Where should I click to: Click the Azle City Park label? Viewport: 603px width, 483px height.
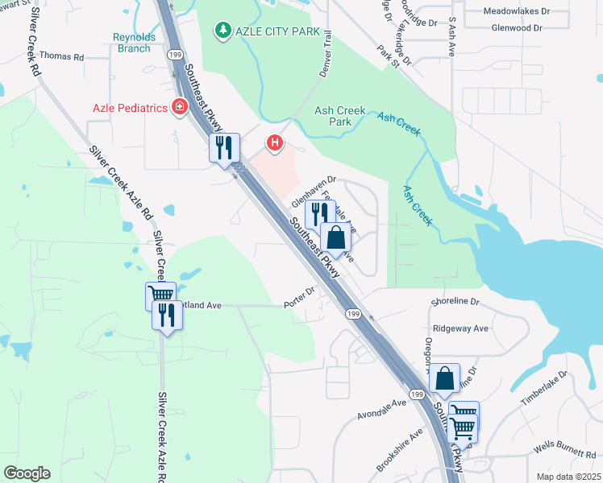274,31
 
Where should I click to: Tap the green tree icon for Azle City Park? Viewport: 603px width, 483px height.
222,31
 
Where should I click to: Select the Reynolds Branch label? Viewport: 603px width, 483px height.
131,43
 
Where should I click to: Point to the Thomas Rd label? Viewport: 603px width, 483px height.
61,57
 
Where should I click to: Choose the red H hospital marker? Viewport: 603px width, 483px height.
275,144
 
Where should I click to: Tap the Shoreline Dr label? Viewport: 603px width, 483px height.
455,302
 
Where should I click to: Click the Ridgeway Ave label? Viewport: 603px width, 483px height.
460,328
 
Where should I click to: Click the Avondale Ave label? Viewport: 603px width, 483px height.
383,410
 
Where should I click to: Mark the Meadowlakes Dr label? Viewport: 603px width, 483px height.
516,12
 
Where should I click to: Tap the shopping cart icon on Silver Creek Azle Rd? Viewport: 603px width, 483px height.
160,295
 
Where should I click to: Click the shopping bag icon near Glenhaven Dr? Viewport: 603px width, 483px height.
335,237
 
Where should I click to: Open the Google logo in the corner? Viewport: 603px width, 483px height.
27,473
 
